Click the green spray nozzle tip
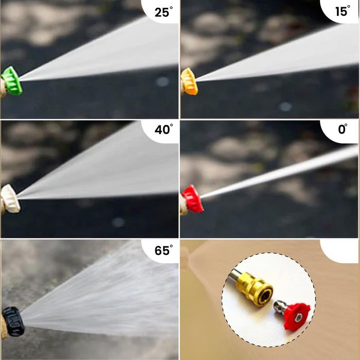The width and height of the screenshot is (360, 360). click(x=11, y=81)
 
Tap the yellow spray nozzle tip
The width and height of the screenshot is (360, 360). click(x=189, y=81)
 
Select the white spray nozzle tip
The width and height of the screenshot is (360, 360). click(x=10, y=199)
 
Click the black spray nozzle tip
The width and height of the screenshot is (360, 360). click(x=13, y=321)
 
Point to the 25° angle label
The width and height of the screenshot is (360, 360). click(x=163, y=12)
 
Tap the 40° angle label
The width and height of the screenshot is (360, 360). click(x=163, y=130)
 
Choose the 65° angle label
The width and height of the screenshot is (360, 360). click(x=163, y=251)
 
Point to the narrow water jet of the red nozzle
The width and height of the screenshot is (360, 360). click(x=278, y=173)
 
